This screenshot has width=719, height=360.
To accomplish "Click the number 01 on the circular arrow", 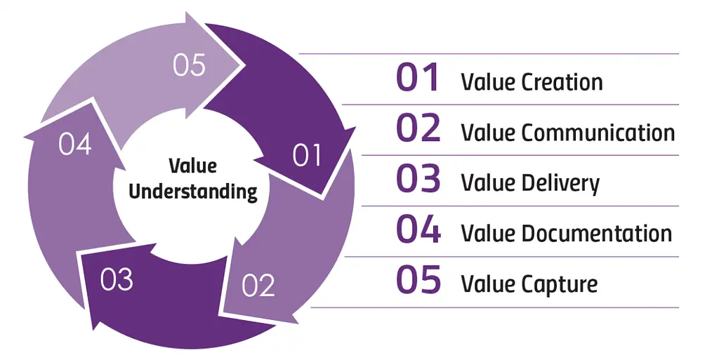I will tap(307, 155).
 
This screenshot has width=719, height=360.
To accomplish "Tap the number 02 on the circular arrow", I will tap(258, 286).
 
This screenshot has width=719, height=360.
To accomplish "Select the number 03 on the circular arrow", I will tap(117, 279).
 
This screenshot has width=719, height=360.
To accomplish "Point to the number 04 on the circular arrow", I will tap(75, 145).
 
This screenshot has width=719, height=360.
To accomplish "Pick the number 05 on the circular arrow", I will tap(190, 65).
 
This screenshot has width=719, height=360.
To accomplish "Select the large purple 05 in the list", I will tap(418, 280).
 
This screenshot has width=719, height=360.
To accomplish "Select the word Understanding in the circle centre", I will tap(193, 192).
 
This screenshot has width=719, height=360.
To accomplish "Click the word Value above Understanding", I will tap(192, 166).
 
